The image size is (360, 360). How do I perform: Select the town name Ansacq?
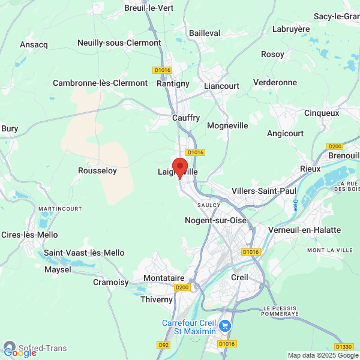33,44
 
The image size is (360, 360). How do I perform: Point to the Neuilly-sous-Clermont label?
119,43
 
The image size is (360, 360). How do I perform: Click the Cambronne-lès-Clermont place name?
100,83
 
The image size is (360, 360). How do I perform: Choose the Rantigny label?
173,83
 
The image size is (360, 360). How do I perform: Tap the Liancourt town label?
221,86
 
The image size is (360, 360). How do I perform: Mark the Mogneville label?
227,126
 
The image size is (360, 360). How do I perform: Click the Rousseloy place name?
97,171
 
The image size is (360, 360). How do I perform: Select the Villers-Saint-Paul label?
264,191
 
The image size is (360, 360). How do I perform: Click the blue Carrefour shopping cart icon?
225,326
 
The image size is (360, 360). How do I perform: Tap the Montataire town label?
164,278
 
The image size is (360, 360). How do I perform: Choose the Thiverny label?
156,299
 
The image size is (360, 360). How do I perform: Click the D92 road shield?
163,345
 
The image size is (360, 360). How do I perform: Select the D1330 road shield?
344,346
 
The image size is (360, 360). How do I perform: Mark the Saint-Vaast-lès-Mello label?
84,253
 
